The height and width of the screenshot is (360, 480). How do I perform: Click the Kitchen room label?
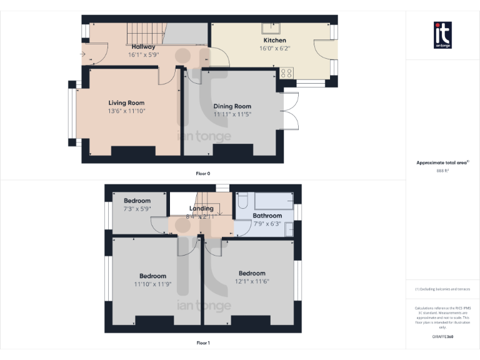(x=275, y=40)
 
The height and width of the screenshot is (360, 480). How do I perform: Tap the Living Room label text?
(x=126, y=103)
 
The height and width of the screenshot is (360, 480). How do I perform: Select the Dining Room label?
(x=232, y=106)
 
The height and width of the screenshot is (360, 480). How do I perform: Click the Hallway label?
(x=143, y=47)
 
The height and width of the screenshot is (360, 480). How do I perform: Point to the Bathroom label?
(x=267, y=216)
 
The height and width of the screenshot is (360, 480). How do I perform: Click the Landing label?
(x=201, y=208)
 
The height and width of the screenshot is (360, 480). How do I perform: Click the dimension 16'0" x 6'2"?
(x=275, y=48)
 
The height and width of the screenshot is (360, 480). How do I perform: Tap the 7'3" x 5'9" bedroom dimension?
(x=136, y=209)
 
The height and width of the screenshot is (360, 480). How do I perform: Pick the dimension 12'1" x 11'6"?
(x=252, y=281)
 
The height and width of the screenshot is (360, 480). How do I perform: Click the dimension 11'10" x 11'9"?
(x=152, y=284)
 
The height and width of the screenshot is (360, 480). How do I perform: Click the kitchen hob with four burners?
(x=287, y=73)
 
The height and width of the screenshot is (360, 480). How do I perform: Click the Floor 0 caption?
(x=203, y=172)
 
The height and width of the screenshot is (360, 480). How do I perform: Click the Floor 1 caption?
(x=203, y=342)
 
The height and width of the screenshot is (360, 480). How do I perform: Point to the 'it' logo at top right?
(x=442, y=34)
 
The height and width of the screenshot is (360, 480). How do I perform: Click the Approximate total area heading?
(x=441, y=162)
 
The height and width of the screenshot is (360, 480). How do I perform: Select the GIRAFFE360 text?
(x=442, y=337)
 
